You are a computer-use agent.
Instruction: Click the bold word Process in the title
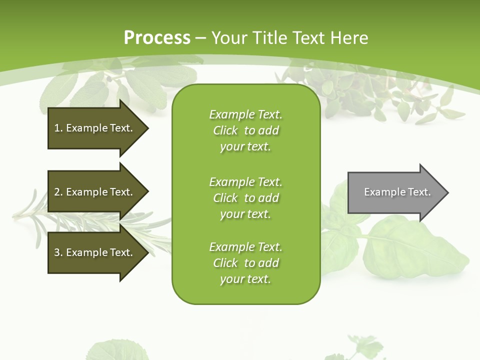(x=157, y=38)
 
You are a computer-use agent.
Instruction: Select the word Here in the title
(x=349, y=38)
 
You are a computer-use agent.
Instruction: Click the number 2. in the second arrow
(x=58, y=192)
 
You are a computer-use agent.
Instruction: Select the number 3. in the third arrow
(x=58, y=252)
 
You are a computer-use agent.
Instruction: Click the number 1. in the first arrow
(x=58, y=128)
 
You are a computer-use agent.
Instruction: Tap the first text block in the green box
(x=245, y=130)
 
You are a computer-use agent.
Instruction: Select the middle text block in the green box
(x=245, y=198)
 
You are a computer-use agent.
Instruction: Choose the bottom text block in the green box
(x=245, y=263)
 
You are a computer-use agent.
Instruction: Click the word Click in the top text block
(x=225, y=130)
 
